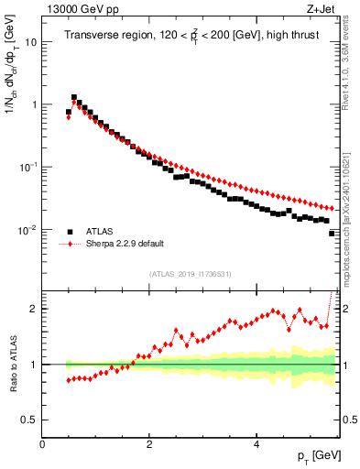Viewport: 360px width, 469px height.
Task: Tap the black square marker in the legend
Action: [x=70, y=232]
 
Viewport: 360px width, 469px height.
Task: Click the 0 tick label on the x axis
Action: [x=42, y=443]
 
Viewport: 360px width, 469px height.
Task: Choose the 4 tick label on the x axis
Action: [x=256, y=443]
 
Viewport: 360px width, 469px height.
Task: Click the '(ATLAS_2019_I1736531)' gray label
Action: [x=190, y=274]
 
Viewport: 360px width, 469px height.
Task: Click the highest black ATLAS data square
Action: [x=74, y=97]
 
